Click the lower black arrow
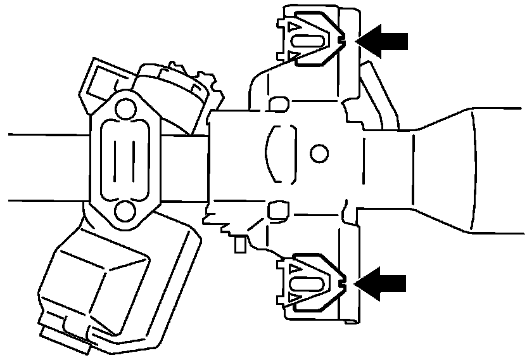point(383,279)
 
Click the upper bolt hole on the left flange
point(126,110)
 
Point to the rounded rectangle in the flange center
point(125,159)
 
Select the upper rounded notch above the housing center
point(279,103)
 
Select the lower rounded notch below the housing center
point(277,208)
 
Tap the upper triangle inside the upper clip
point(294,29)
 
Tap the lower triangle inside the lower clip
point(294,297)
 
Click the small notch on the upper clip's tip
point(342,41)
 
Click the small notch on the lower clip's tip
point(342,279)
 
